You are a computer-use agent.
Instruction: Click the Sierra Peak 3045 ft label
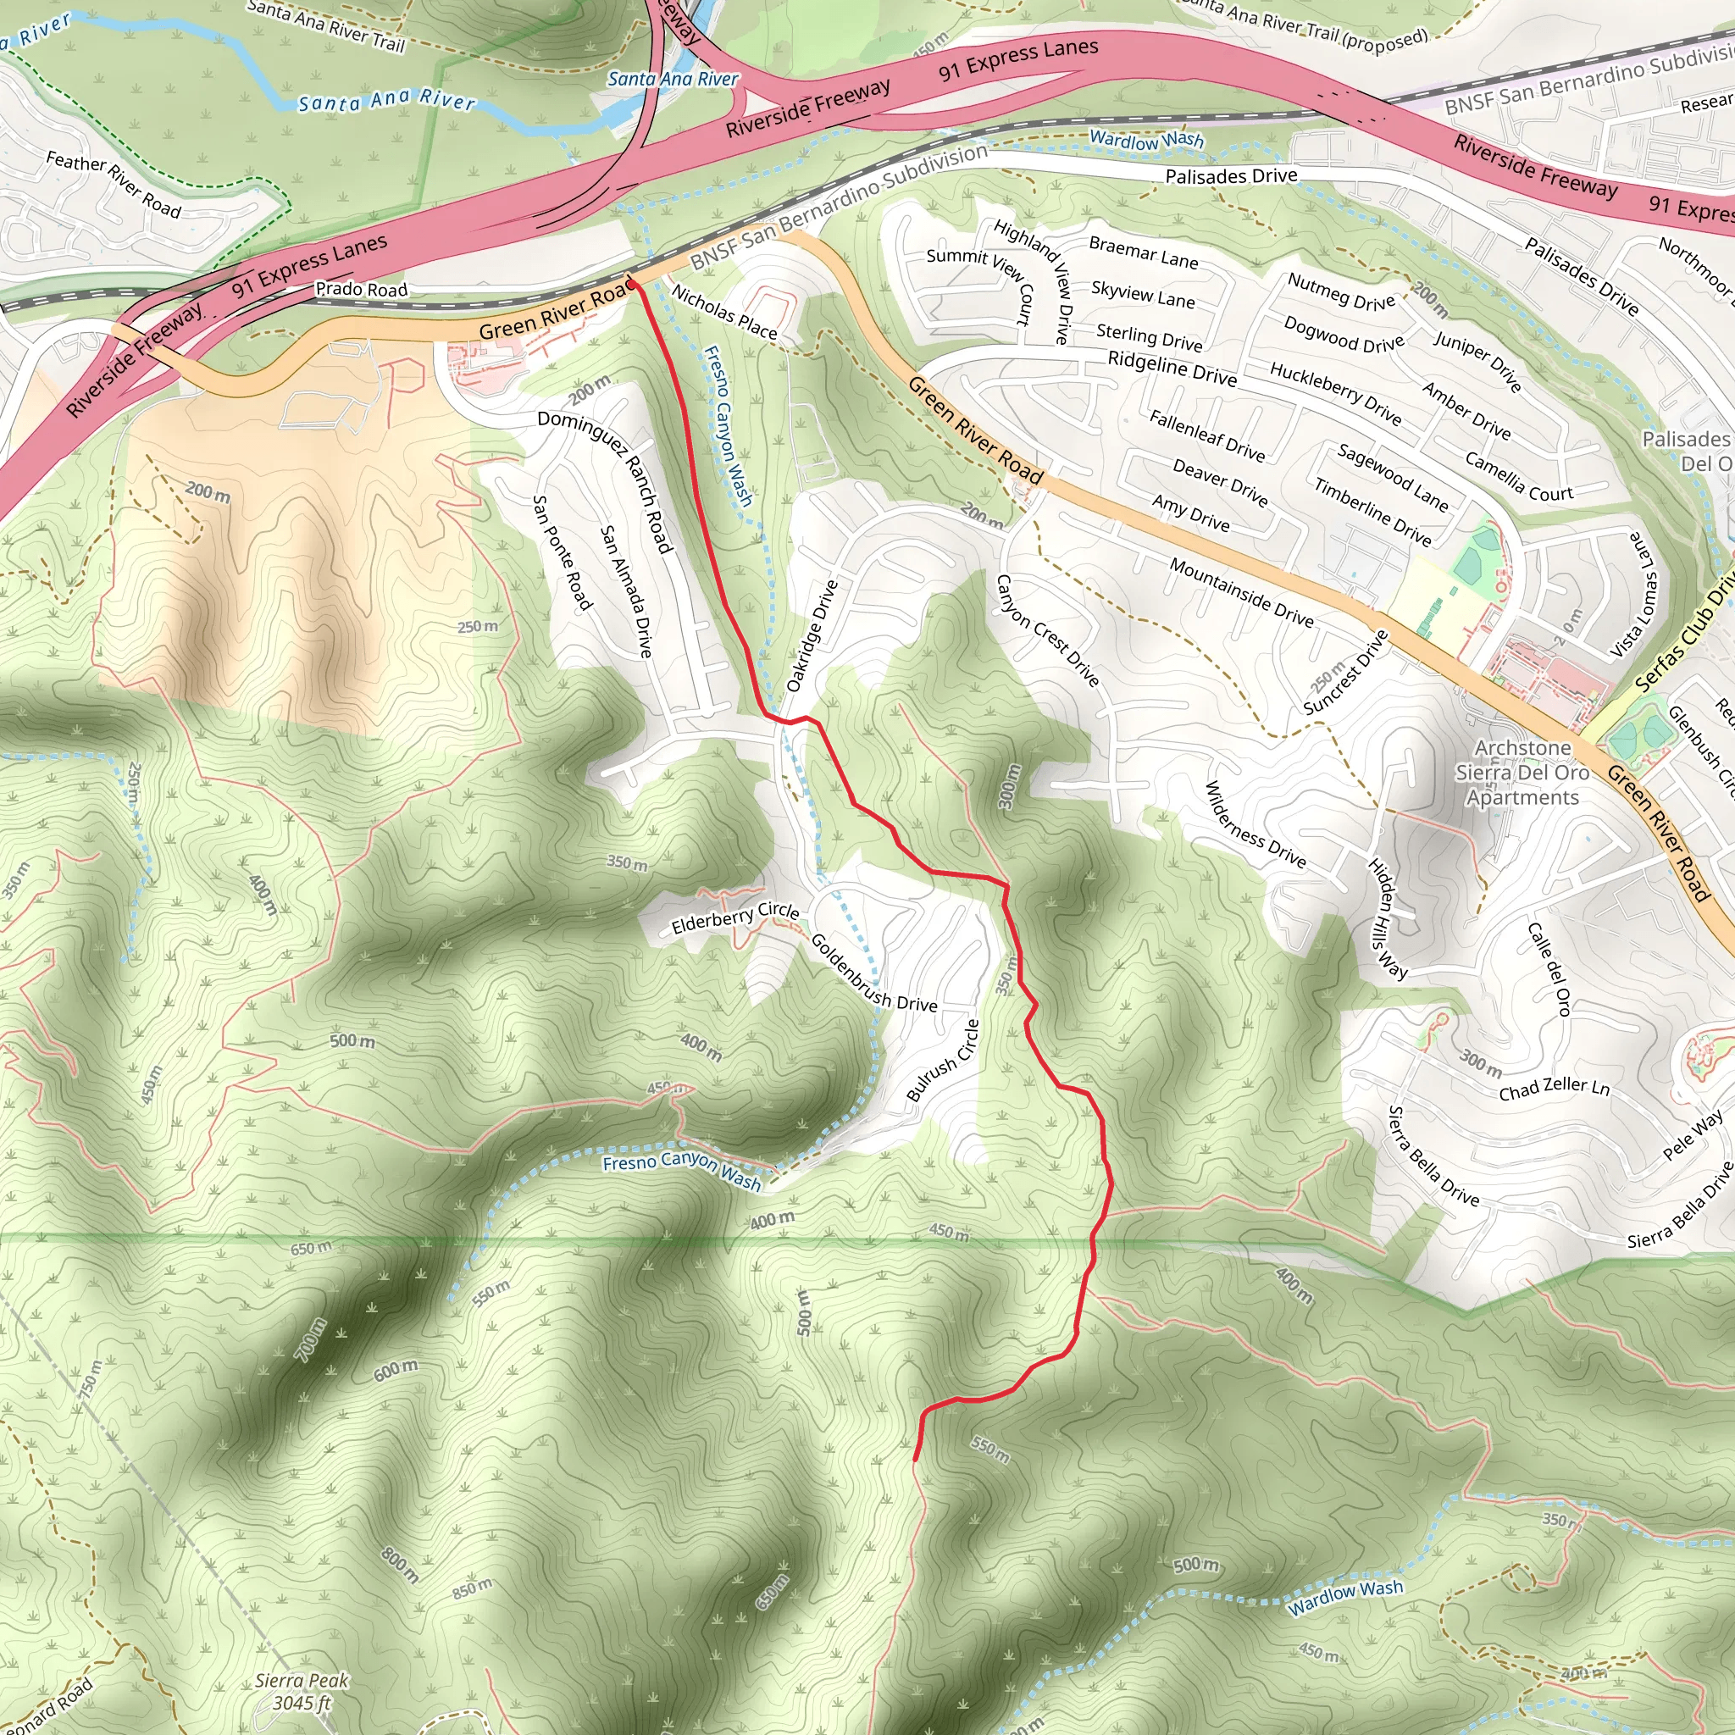tap(302, 1691)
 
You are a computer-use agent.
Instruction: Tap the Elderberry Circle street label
tap(735, 917)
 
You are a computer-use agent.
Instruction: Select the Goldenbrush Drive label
tap(873, 973)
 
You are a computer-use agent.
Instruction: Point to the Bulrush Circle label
tap(943, 1061)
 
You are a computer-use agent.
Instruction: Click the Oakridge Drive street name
tap(812, 636)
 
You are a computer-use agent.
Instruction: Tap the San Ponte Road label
tap(563, 552)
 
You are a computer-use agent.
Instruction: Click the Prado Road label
tap(361, 289)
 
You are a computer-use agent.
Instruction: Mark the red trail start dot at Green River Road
tap(631, 284)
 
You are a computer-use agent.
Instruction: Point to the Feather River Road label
tap(114, 185)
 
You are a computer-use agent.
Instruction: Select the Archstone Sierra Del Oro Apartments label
tap(1522, 773)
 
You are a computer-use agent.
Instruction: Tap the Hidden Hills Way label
tap(1388, 917)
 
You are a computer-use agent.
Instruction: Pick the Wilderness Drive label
tap(1255, 824)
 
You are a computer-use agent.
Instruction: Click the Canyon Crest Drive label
tap(1047, 630)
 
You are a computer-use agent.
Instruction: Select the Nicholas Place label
tap(723, 312)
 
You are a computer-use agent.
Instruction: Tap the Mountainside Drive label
tap(1241, 592)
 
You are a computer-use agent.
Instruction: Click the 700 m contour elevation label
tap(312, 1338)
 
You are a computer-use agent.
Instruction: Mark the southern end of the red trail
tap(915, 1460)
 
